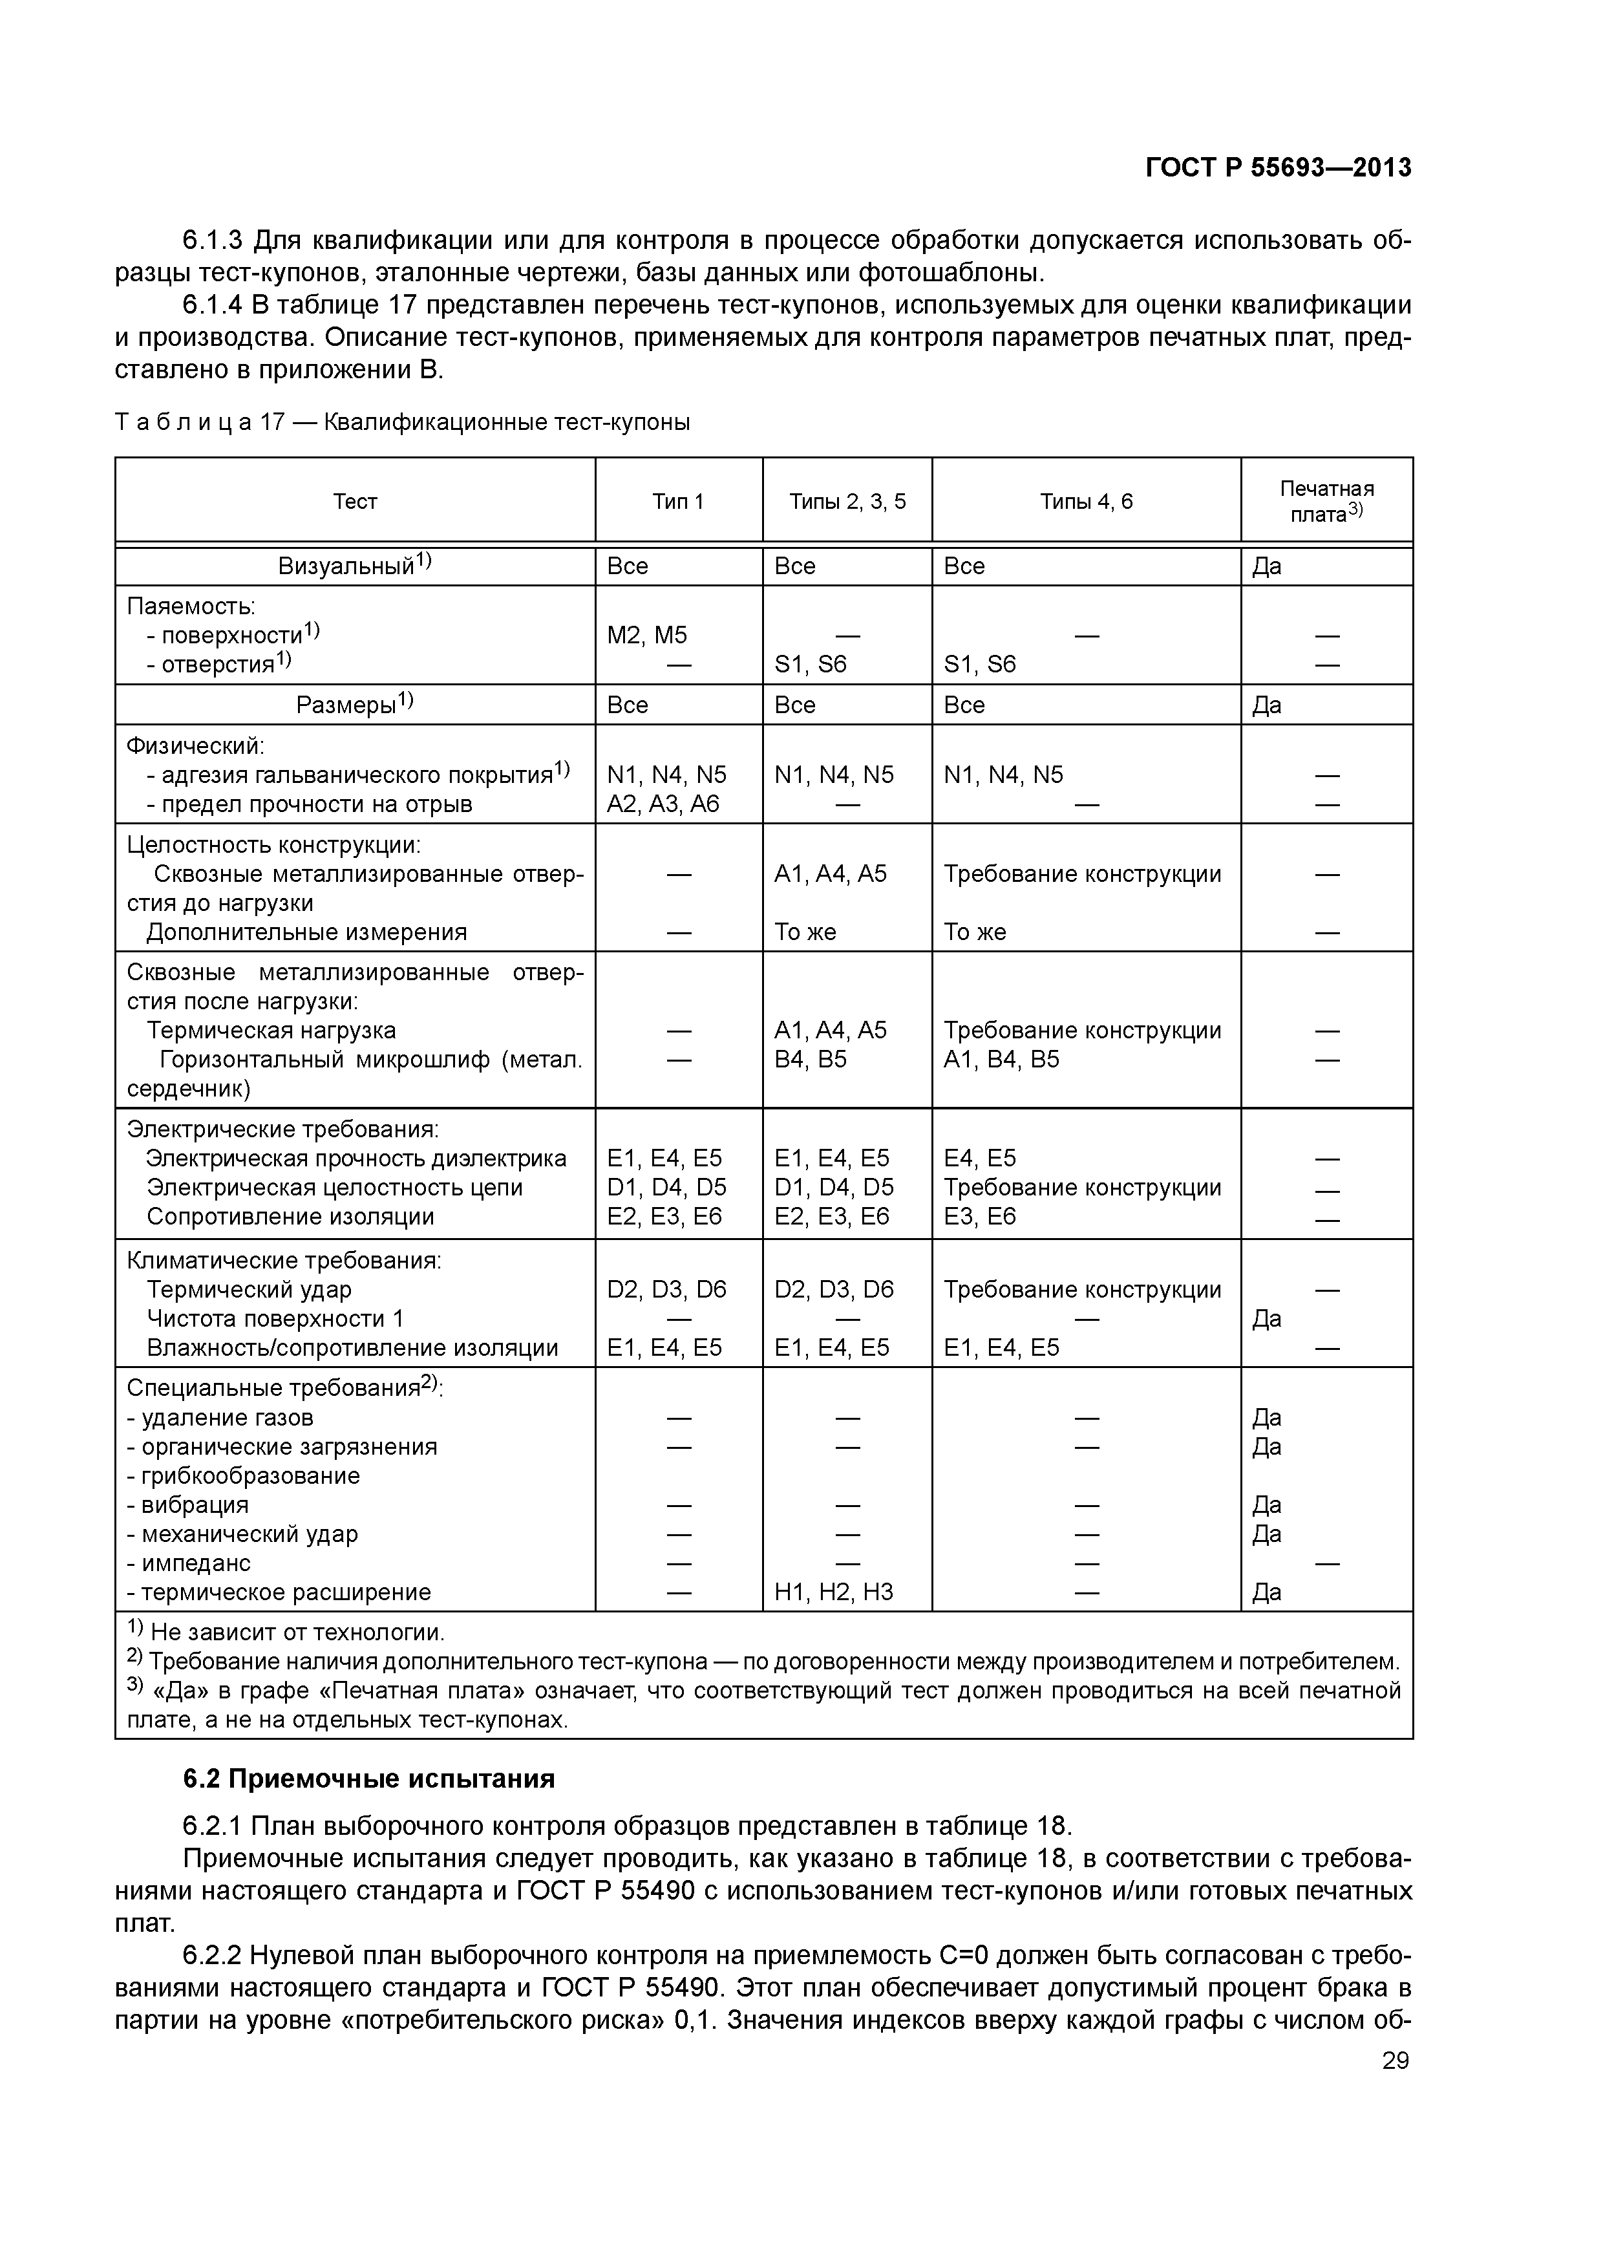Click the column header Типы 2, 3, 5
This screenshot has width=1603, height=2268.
click(847, 502)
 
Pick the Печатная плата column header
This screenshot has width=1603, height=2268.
click(1326, 502)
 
